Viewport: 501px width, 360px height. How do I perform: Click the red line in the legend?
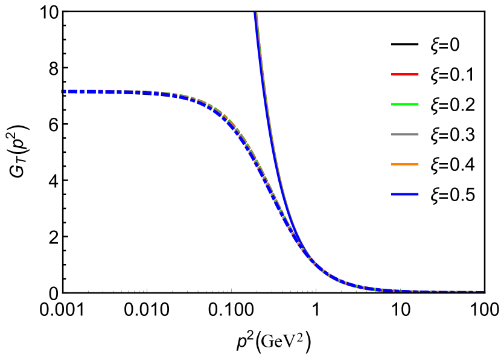(x=404, y=74)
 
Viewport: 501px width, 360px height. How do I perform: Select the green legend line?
(x=404, y=104)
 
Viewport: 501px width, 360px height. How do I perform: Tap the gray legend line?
(x=404, y=134)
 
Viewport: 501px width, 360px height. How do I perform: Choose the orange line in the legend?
(x=404, y=164)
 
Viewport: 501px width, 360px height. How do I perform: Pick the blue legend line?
(x=404, y=194)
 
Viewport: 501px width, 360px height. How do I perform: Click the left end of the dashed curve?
(x=62, y=91)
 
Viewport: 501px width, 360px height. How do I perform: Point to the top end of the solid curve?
(x=256, y=13)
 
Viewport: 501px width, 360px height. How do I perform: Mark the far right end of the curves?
(x=483, y=292)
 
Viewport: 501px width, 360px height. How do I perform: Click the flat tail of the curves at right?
(x=435, y=291)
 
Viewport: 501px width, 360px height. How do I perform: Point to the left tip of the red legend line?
(x=392, y=74)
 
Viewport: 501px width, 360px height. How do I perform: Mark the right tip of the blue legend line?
(x=418, y=194)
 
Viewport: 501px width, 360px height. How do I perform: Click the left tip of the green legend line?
(x=392, y=104)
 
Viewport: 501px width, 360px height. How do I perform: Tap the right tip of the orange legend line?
(x=418, y=164)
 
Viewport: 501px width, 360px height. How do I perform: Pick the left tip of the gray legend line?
(x=392, y=134)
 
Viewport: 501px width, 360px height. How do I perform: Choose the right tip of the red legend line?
(x=418, y=74)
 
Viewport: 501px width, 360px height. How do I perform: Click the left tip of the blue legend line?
(x=392, y=194)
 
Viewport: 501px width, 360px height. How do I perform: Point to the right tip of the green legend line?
(x=418, y=104)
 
